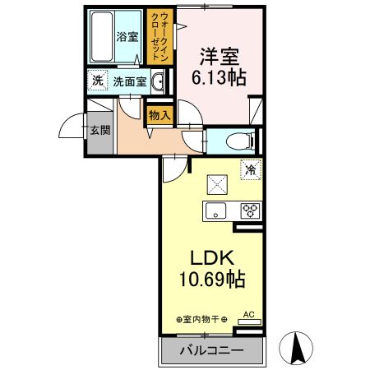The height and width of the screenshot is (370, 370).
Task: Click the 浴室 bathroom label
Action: click(x=127, y=37)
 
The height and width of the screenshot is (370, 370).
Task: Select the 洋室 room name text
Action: click(x=217, y=57)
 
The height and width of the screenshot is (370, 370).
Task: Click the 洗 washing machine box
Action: click(x=97, y=81)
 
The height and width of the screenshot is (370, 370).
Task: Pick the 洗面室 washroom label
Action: click(x=129, y=81)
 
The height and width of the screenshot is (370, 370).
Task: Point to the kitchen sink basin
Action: click(x=215, y=209)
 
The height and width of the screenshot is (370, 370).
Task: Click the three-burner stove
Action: click(x=249, y=209)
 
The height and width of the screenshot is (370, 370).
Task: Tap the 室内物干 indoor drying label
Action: click(x=202, y=318)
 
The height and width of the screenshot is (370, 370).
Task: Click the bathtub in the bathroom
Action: click(x=100, y=37)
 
